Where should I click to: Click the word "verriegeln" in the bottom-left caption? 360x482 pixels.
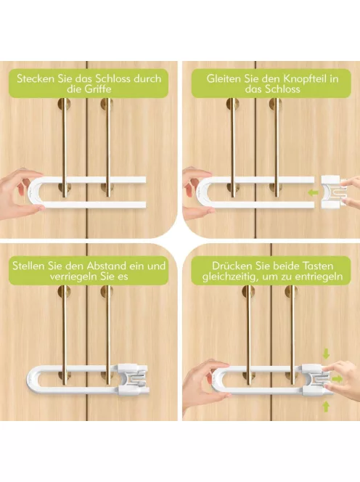point(73,277)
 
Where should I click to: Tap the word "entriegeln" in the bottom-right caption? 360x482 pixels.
point(319,277)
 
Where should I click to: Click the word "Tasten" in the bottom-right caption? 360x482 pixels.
point(317,266)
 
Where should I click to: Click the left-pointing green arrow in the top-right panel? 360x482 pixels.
point(313,193)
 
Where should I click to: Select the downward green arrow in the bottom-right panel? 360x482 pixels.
point(326,354)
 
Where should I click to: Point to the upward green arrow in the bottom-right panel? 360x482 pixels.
point(326,407)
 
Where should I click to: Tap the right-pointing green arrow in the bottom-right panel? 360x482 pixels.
point(337,379)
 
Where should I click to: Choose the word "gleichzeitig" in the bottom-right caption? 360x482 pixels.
point(229,277)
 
